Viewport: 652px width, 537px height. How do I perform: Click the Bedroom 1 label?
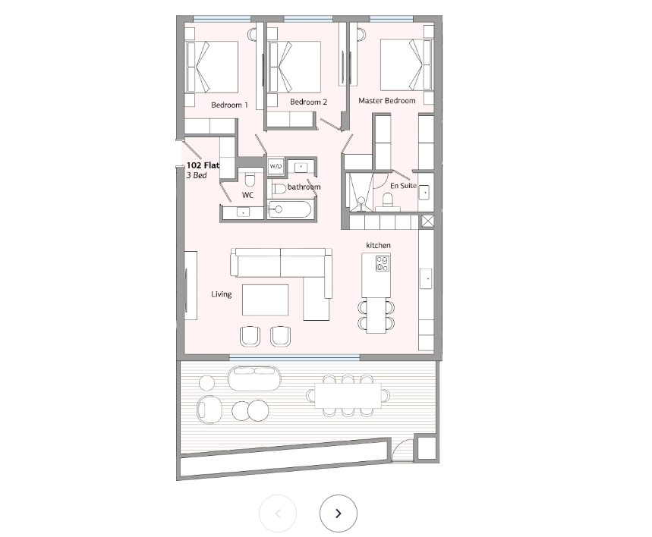point(229,105)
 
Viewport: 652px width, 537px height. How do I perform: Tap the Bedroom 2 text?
point(308,102)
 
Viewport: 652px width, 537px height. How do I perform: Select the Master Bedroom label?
point(386,101)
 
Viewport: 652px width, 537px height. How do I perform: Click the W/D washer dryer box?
point(276,166)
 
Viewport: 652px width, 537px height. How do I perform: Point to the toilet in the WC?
point(250,179)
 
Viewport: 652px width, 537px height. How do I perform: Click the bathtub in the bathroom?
point(289,209)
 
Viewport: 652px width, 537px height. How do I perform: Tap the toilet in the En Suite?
point(388,201)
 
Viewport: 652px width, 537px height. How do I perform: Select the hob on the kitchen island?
point(382,263)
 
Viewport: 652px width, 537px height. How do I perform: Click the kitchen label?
point(379,245)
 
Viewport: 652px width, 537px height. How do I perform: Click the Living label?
point(221,294)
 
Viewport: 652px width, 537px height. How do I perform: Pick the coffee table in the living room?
point(266,300)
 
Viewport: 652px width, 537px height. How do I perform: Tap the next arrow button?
point(339,513)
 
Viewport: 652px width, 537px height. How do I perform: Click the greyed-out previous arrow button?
point(278,513)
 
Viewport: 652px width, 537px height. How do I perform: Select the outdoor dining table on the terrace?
point(348,396)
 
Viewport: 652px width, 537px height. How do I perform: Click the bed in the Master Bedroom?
point(407,64)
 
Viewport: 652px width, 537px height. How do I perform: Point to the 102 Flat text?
point(203,165)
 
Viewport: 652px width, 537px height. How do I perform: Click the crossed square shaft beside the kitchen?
point(427,221)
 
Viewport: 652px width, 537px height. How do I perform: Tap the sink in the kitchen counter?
point(426,278)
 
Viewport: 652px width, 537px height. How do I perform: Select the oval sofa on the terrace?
point(254,378)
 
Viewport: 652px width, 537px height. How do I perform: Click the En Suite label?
point(403,185)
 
